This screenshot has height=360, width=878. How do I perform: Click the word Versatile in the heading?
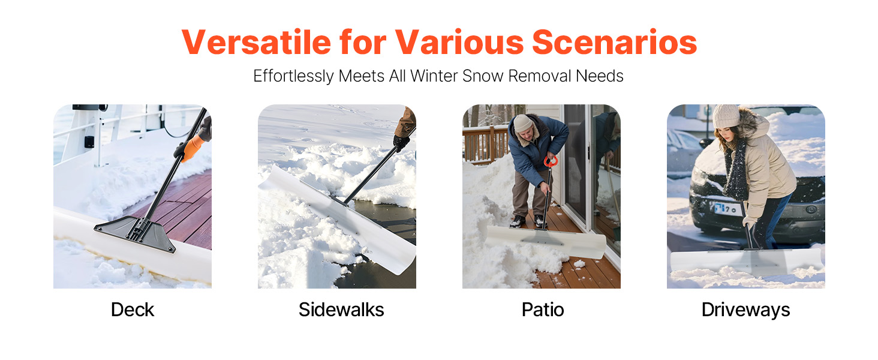[x=256, y=42]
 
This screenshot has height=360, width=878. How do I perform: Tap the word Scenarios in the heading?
[x=614, y=42]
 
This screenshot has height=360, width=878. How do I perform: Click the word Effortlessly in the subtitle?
[x=293, y=76]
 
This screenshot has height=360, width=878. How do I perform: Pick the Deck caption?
[x=133, y=310]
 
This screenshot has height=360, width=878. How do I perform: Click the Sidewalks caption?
[x=341, y=310]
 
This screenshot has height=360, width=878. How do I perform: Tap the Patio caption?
[x=543, y=310]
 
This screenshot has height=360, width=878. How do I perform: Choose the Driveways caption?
[x=745, y=310]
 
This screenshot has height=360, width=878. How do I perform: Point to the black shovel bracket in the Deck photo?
[x=135, y=233]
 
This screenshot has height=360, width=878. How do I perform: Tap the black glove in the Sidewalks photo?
[x=401, y=143]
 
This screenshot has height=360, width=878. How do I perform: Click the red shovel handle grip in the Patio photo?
[x=551, y=161]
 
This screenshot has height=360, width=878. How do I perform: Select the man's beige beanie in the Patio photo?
[x=522, y=123]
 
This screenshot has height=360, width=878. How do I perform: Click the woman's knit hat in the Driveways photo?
[x=726, y=116]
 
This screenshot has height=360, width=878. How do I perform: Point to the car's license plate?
[x=727, y=208]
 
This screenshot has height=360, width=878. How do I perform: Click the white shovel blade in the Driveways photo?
[x=746, y=262]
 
